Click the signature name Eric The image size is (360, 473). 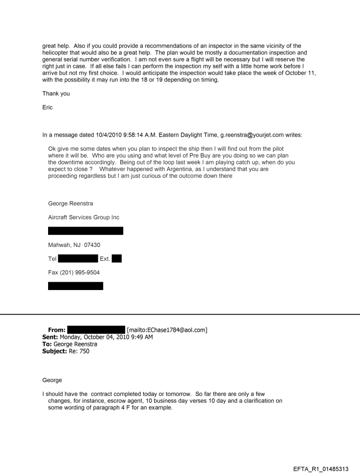[47, 107]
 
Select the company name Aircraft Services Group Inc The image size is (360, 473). [83, 217]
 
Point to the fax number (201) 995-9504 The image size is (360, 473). [74, 272]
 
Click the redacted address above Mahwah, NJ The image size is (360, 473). [85, 231]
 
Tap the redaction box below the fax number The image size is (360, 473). [75, 286]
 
